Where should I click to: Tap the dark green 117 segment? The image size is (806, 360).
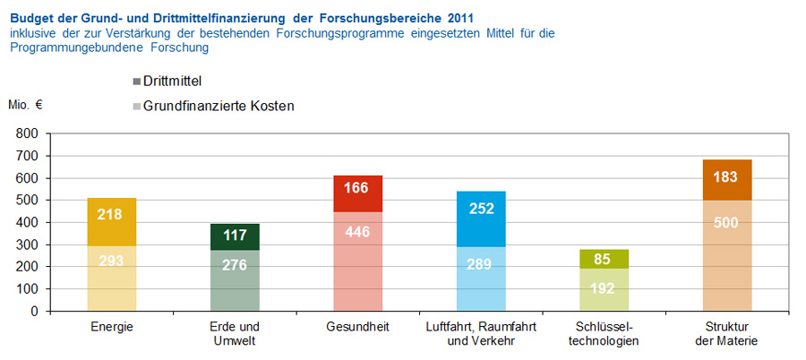tap(235, 236)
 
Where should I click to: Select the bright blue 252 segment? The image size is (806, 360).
tap(481, 209)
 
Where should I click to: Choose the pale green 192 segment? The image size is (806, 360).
tap(604, 290)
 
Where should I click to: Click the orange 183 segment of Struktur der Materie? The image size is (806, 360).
tap(726, 177)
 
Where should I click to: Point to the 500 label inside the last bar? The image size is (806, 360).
tap(726, 223)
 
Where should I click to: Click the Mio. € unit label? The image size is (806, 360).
tap(25, 105)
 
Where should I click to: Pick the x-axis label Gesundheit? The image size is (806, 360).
tap(358, 328)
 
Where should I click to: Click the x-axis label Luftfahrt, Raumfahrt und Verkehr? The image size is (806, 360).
tap(481, 334)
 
